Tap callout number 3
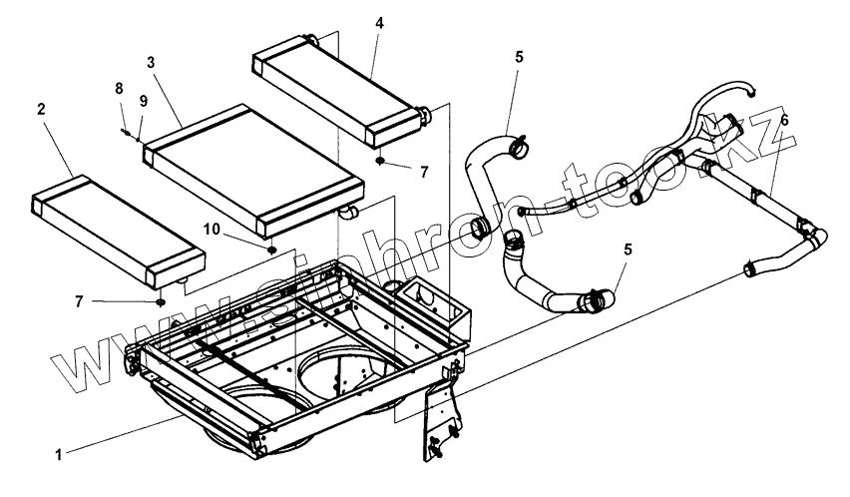[150, 62]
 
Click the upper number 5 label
[519, 58]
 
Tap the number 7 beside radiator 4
[423, 173]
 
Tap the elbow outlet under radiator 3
[348, 211]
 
